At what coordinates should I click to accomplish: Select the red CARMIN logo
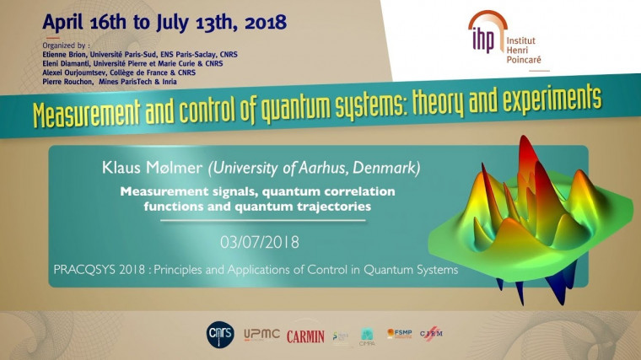(304, 336)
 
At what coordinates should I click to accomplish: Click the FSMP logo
(399, 334)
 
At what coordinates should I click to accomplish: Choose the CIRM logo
(431, 335)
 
